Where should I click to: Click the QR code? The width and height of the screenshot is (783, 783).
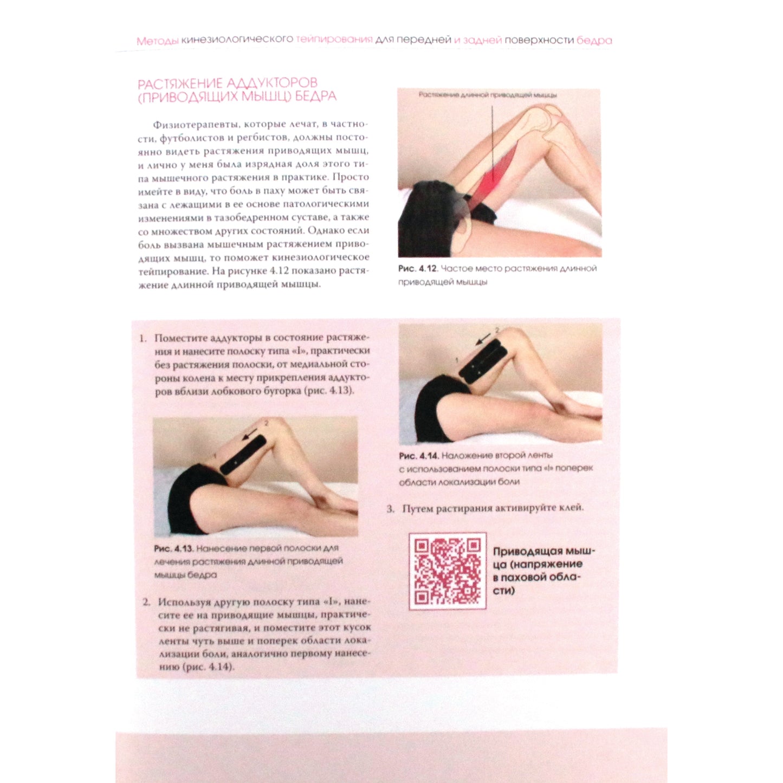pos(448,571)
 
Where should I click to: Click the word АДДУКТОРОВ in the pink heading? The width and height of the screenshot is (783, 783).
pos(271,83)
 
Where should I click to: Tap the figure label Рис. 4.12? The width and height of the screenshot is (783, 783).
pos(417,269)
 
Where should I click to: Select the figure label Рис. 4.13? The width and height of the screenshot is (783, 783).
pos(173,548)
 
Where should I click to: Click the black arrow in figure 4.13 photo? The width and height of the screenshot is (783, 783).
pos(249,434)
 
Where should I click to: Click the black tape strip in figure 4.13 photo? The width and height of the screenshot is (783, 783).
pos(243,454)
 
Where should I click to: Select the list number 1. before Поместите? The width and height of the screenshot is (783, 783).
pos(143,339)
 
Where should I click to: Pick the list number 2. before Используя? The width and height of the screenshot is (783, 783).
pos(147,602)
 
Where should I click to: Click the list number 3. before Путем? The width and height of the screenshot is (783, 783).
pos(391,509)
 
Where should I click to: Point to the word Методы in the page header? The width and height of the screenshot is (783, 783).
pos(158,41)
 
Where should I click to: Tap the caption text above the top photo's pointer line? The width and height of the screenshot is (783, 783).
pos(488,95)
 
